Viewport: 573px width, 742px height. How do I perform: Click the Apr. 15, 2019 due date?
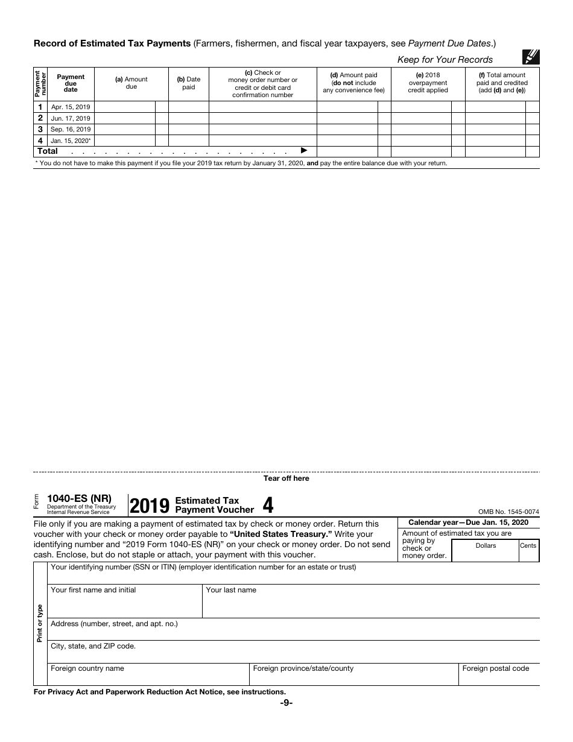pos(71,107)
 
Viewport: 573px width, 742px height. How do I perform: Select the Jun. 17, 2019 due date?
pos(71,118)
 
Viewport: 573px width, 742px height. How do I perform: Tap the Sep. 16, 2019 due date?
pos(71,129)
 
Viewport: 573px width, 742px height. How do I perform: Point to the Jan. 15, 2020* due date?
pos(71,141)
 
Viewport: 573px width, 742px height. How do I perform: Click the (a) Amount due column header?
pos(131,83)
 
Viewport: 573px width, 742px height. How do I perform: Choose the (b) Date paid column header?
pos(188,83)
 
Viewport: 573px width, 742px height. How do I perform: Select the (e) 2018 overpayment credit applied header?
pos(428,83)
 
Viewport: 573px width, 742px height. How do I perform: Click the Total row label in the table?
pos(48,151)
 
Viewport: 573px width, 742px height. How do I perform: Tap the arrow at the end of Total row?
pos(304,151)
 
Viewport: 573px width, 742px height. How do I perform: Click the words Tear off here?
pos(286,478)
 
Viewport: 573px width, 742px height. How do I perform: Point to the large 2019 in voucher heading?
pos(150,506)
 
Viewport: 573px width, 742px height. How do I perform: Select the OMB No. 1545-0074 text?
pos(508,512)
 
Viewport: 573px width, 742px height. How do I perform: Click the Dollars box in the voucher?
pos(485,550)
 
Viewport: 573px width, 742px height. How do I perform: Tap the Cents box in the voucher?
pos(528,550)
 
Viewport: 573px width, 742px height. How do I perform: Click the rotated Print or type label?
pos(40,623)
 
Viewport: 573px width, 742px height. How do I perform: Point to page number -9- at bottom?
pos(286,703)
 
